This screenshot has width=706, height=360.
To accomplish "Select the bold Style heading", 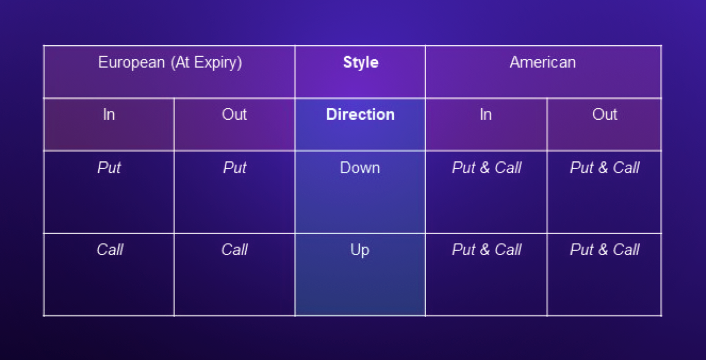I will tap(360, 63).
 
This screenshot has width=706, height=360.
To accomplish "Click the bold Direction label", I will tap(360, 115).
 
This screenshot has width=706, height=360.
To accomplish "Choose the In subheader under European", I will tap(109, 115).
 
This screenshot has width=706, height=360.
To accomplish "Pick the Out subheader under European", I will tap(234, 115).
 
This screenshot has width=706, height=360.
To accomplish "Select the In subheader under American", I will tap(485, 115).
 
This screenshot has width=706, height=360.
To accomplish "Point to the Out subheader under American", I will tap(604, 115).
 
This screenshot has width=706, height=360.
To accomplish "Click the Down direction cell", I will tap(360, 168).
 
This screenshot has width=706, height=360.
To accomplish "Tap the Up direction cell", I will tap(360, 250).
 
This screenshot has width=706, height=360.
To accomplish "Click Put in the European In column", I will tap(109, 168).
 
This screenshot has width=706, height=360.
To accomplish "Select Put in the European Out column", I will tap(235, 168).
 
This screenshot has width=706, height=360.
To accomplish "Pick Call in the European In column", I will tap(110, 250).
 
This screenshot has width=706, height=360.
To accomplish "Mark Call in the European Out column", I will tap(234, 250).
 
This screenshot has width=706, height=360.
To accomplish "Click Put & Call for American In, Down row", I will tap(486, 168).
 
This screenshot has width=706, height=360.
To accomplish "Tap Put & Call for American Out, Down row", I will tap(605, 168).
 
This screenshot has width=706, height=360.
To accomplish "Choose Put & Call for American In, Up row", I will tap(486, 250).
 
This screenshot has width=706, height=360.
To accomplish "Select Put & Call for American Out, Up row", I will tap(605, 250).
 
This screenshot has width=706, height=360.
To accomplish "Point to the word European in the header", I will tap(131, 63).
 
